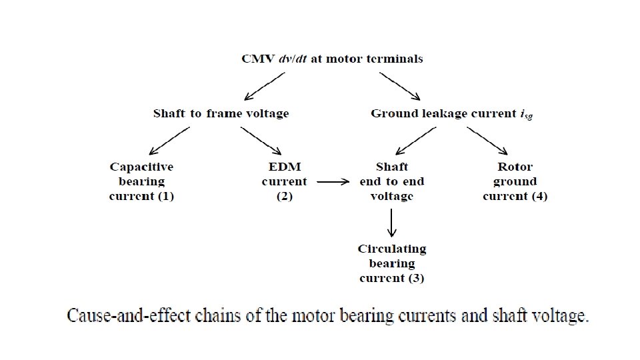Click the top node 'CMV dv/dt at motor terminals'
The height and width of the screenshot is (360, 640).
[x=331, y=59]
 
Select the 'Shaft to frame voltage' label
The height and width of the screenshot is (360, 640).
[x=221, y=113]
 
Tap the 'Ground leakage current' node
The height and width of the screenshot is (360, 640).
[x=451, y=113]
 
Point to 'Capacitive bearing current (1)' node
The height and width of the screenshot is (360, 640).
[x=141, y=181]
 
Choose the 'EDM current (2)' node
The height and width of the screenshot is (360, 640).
[x=285, y=181]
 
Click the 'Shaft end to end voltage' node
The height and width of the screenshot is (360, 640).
[x=391, y=181]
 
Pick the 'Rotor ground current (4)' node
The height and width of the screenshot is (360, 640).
[x=515, y=181]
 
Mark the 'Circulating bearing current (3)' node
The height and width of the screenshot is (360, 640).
[x=391, y=263]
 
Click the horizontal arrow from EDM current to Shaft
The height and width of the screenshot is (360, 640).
[x=333, y=181]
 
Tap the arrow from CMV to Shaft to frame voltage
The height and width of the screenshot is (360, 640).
[x=265, y=85]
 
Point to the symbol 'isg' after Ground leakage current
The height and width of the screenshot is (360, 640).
[x=527, y=115]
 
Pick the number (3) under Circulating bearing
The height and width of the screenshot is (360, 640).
[x=415, y=278]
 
